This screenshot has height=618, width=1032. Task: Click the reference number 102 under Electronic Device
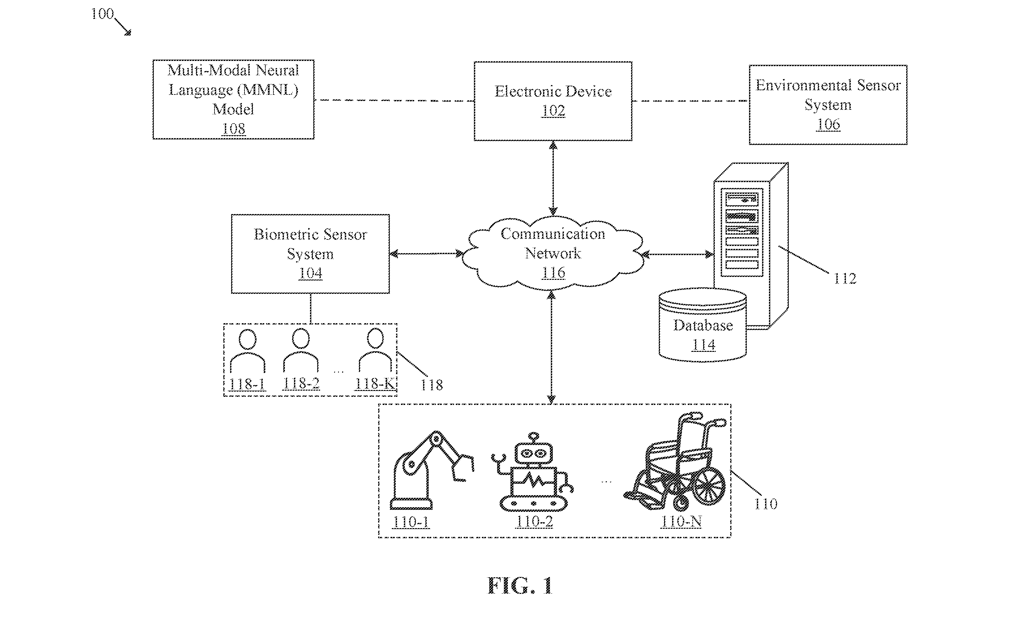pos(553,111)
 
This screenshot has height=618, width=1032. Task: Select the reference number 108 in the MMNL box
pos(233,129)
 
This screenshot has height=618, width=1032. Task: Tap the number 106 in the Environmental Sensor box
pos(828,124)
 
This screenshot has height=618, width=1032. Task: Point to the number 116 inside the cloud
pos(553,273)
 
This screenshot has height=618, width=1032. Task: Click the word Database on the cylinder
pos(703,325)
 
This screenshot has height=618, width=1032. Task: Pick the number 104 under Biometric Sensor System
pos(310,273)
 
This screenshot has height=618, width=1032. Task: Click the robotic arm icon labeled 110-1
pos(432,470)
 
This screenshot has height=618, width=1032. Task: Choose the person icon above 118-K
pos(375,350)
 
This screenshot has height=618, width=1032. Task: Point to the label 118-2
pos(301,383)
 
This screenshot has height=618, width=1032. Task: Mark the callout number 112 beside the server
pos(845,279)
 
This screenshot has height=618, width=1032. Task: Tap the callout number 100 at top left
pos(102,14)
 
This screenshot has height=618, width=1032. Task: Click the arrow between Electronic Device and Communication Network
pos(553,178)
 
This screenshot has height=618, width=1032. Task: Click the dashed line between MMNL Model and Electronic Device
pos(394,100)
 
